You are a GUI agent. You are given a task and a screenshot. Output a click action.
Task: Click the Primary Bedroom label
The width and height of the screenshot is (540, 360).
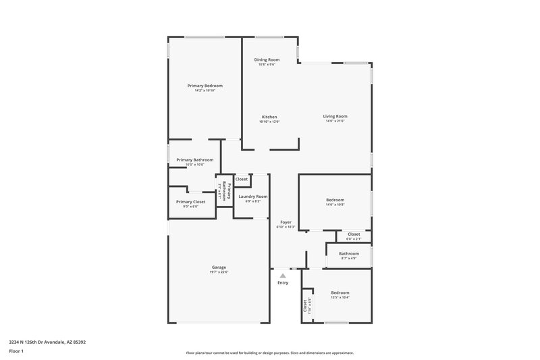click(205, 86)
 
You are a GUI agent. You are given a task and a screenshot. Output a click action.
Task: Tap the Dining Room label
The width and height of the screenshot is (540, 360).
click(267, 60)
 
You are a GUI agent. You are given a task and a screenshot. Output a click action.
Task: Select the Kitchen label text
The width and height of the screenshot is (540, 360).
click(269, 117)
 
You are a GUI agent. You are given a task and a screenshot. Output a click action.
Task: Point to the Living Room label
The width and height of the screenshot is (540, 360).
click(335, 116)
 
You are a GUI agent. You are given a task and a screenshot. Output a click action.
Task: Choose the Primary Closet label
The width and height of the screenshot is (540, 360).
click(190, 202)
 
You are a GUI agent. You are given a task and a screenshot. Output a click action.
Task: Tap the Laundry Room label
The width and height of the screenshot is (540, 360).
click(253, 197)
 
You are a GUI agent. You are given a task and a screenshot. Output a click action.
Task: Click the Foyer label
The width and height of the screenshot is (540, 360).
click(286, 222)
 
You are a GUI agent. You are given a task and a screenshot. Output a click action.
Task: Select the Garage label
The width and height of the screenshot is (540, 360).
click(219, 267)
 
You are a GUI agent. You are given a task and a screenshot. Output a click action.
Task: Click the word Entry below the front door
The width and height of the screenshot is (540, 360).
click(283, 282)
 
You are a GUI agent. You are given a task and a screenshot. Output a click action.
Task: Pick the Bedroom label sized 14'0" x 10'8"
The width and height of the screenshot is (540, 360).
click(335, 200)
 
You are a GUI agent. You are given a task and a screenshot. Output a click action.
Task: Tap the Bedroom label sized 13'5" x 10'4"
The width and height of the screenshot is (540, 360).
click(340, 292)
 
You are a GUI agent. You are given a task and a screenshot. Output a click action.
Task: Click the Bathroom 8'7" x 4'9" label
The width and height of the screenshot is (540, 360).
click(349, 253)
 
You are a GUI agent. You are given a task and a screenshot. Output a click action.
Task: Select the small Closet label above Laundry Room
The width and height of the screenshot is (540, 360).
click(241, 179)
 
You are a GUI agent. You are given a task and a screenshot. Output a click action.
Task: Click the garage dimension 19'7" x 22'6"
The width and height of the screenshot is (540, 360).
click(219, 272)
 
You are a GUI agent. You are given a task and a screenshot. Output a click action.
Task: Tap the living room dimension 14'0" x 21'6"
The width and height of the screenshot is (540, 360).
click(335, 122)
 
